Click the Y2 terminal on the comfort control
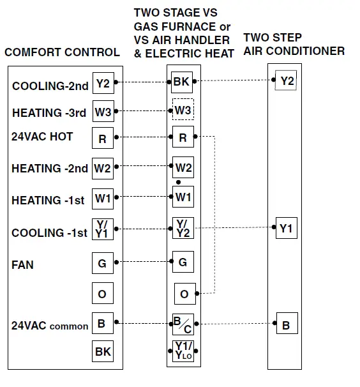[x=103, y=82]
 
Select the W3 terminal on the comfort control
[x=103, y=111]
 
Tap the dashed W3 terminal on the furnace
[x=183, y=110]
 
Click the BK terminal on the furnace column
[x=182, y=82]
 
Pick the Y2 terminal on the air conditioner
[x=287, y=81]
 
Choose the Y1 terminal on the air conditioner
[x=287, y=228]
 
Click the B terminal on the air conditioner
[x=287, y=325]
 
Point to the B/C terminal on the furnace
[x=183, y=326]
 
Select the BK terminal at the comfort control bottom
[x=103, y=352]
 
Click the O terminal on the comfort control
[x=103, y=294]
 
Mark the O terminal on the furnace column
[x=184, y=294]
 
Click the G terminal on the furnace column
[x=183, y=262]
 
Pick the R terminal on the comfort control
[x=103, y=138]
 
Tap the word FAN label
[x=23, y=264]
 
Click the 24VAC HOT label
[x=42, y=137]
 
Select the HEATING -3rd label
[x=49, y=112]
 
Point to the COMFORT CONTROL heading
[x=62, y=52]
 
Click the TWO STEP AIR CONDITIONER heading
[x=294, y=44]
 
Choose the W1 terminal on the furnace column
[x=183, y=197]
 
